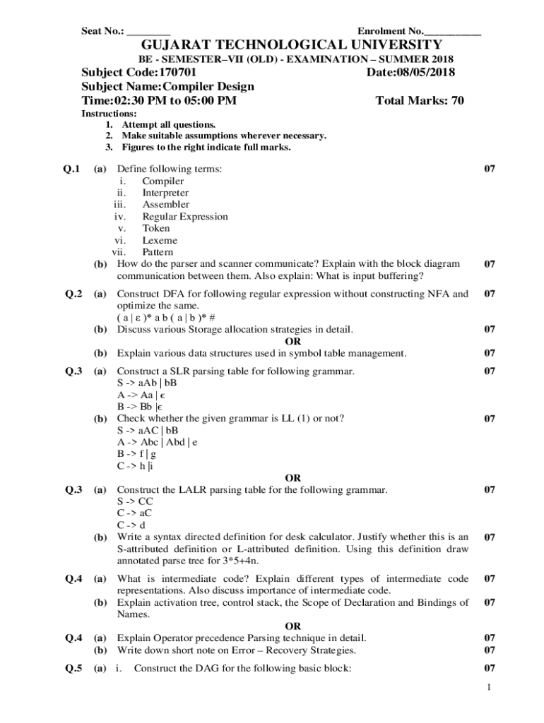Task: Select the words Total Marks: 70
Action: tap(420, 100)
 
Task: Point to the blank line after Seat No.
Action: tap(149, 32)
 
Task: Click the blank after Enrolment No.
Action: tap(453, 32)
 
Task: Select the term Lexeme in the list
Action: tap(160, 240)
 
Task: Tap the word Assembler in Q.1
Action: tap(166, 205)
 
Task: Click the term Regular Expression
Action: tap(185, 217)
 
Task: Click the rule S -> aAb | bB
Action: tap(147, 383)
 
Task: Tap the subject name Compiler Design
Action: tap(208, 86)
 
